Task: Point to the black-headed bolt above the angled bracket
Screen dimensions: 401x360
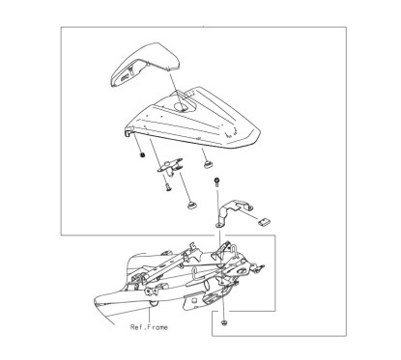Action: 221,181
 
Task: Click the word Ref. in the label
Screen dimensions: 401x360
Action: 139,326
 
